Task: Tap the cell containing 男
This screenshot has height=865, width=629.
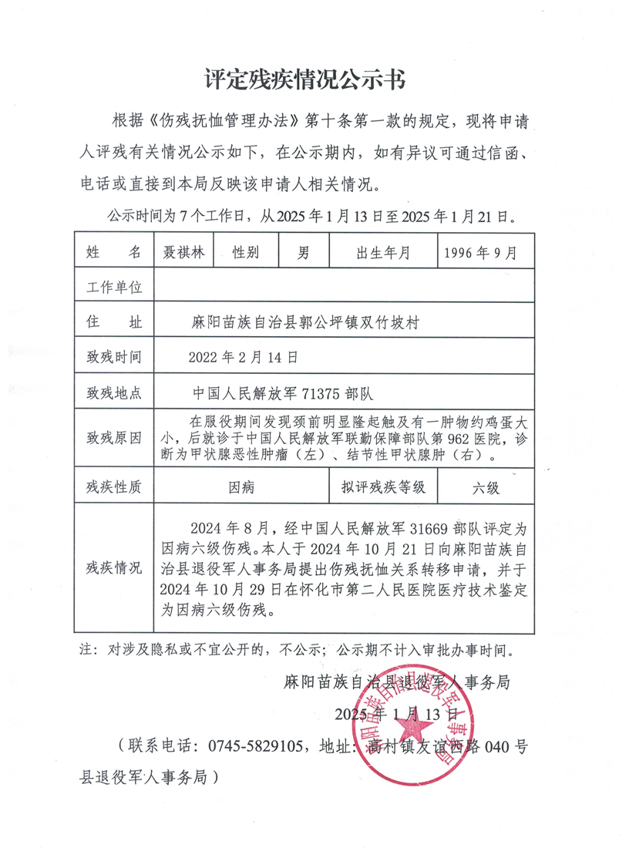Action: click(x=303, y=252)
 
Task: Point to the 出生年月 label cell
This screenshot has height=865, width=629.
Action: click(x=383, y=252)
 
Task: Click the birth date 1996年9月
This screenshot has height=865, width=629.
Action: click(x=482, y=252)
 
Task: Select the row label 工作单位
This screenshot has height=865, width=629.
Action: click(x=114, y=288)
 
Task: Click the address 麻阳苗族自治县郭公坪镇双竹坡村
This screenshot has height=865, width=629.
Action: click(x=304, y=322)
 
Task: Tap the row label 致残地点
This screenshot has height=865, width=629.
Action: click(x=114, y=392)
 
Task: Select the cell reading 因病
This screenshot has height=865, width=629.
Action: click(x=243, y=487)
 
